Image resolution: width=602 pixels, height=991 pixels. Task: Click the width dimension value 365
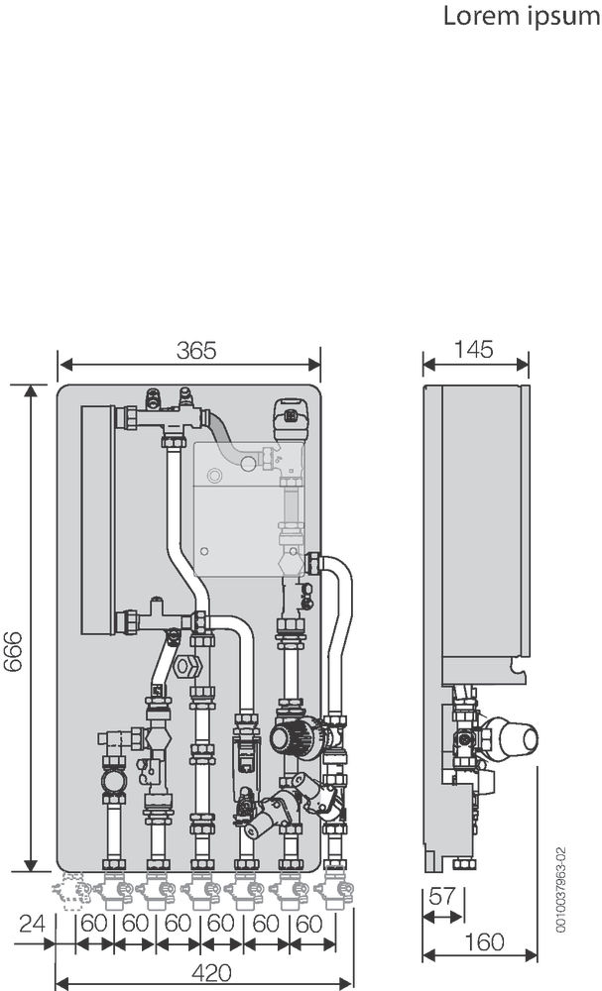pyautogui.click(x=196, y=350)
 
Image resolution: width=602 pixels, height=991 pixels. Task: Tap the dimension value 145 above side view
pyautogui.click(x=474, y=349)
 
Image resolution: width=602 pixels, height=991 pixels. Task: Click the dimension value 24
pyautogui.click(x=33, y=924)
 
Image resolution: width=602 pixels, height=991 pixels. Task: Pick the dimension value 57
pyautogui.click(x=442, y=897)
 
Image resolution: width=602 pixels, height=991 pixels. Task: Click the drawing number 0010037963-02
pyautogui.click(x=561, y=889)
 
